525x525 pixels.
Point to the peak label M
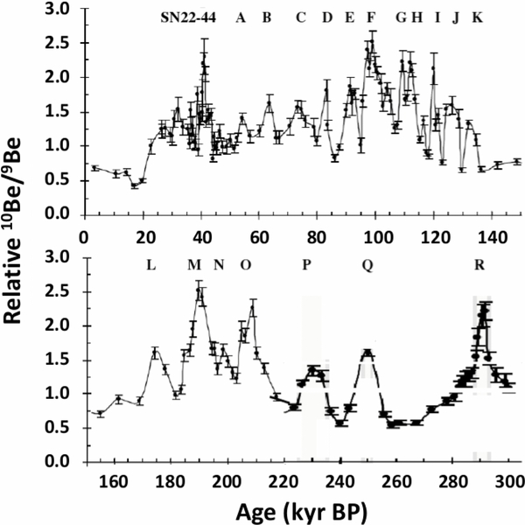(x=193, y=265)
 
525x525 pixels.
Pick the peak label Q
(x=366, y=265)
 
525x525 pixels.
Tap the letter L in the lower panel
(x=151, y=265)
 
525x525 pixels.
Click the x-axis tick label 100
(x=377, y=235)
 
